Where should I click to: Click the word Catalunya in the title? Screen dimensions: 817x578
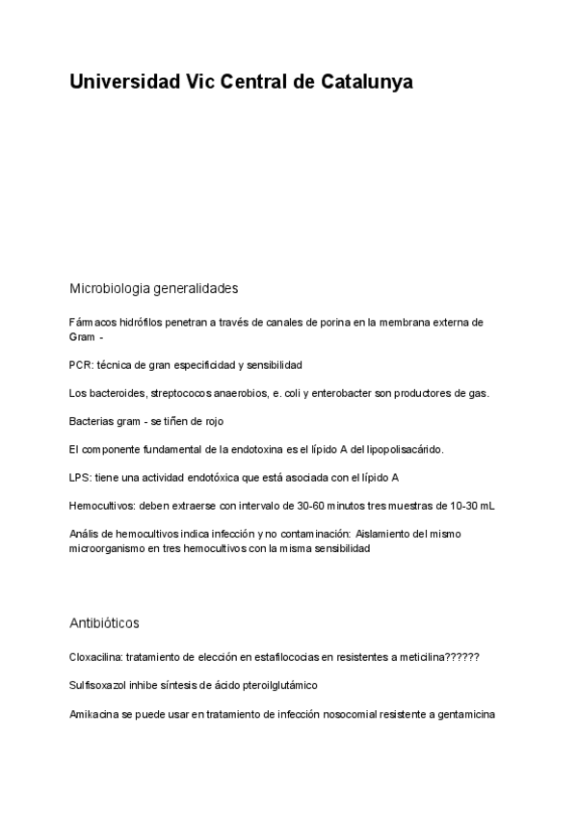pyautogui.click(x=366, y=83)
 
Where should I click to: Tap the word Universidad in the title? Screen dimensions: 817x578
pyautogui.click(x=123, y=83)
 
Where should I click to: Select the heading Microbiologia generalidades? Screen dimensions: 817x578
pyautogui.click(x=153, y=288)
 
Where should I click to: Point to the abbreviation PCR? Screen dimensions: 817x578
pyautogui.click(x=81, y=365)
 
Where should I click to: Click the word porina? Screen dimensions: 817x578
pyautogui.click(x=323, y=323)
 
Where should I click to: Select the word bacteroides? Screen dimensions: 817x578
pyautogui.click(x=115, y=393)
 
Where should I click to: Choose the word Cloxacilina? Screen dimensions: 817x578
pyautogui.click(x=95, y=658)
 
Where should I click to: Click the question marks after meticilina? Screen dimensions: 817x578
pyautogui.click(x=462, y=658)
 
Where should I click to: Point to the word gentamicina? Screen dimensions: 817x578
pyautogui.click(x=465, y=714)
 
